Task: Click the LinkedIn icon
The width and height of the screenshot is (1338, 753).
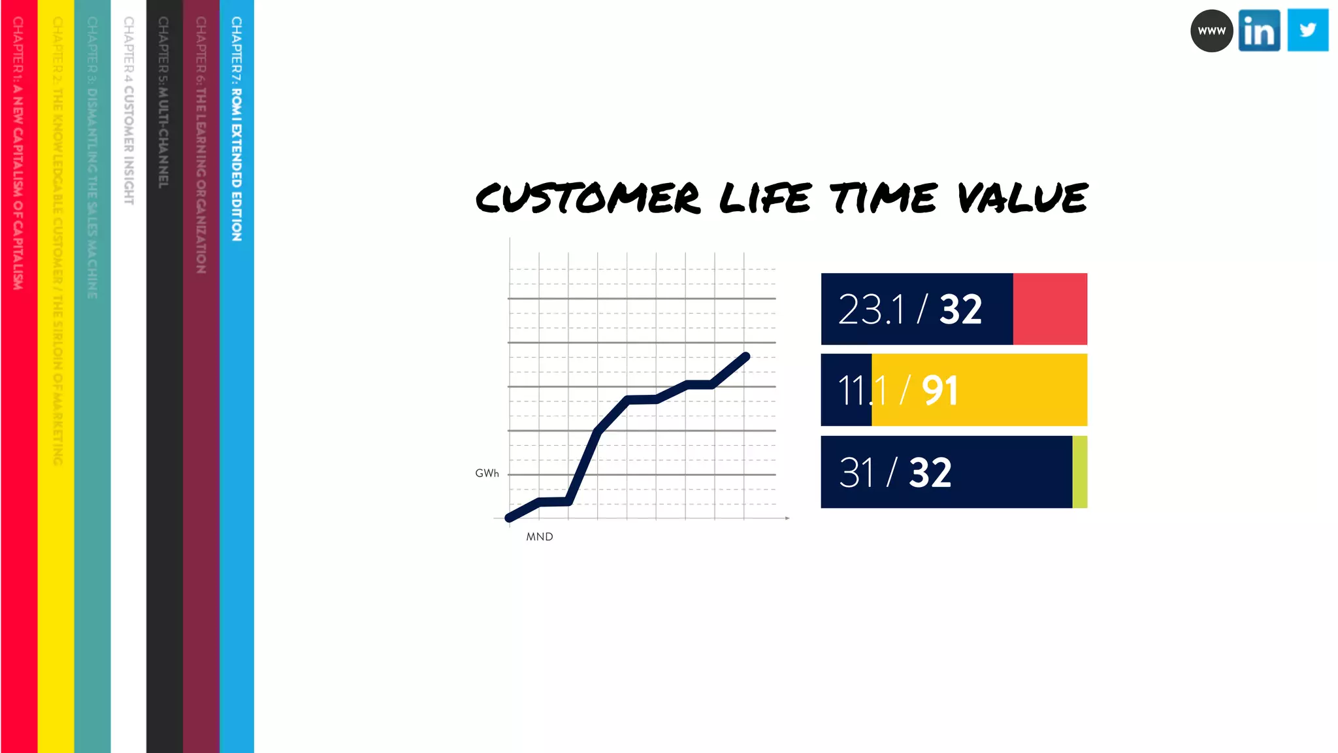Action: click(x=1259, y=30)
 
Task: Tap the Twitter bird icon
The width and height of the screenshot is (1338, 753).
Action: click(x=1307, y=30)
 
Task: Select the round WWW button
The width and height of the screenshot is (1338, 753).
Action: click(x=1211, y=31)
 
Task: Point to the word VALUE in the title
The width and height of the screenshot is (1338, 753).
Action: click(x=1022, y=198)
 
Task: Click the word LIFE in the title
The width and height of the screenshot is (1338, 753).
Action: click(x=765, y=198)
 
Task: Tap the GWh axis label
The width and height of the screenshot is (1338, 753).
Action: click(x=487, y=473)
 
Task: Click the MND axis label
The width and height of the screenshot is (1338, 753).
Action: click(x=540, y=537)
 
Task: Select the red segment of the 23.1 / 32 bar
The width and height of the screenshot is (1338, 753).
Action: click(x=1050, y=309)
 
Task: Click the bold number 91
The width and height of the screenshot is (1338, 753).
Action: click(x=939, y=391)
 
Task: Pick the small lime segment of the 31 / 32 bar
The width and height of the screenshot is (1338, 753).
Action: click(x=1079, y=472)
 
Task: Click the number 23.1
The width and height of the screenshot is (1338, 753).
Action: click(x=872, y=309)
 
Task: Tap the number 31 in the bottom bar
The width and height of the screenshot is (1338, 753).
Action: click(x=856, y=473)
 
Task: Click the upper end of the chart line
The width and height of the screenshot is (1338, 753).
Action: click(x=746, y=356)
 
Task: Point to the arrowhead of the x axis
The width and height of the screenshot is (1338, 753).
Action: click(x=787, y=518)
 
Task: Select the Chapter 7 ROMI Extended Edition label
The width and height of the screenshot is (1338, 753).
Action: click(x=237, y=129)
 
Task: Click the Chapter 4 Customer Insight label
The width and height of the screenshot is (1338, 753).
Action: click(x=129, y=110)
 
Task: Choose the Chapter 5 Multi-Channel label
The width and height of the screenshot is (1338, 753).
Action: click(x=163, y=103)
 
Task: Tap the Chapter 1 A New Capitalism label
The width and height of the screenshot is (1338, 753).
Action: click(x=18, y=153)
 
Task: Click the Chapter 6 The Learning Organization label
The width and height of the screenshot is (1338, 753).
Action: click(x=201, y=145)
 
